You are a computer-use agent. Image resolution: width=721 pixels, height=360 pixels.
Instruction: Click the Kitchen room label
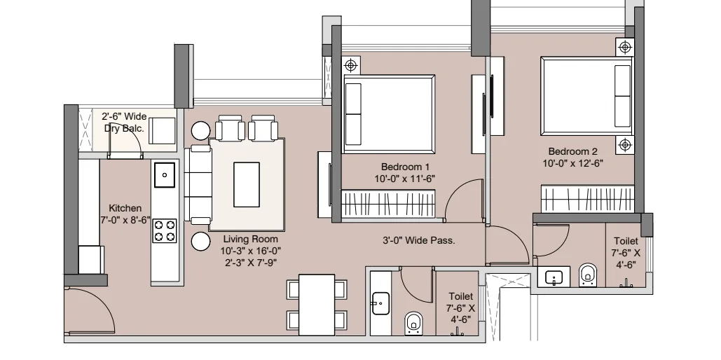click(125, 208)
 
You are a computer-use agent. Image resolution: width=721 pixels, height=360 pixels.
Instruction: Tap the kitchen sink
click(164, 174)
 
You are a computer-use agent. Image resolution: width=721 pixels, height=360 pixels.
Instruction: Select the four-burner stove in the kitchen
click(165, 231)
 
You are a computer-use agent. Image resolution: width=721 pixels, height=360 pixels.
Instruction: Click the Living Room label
click(251, 239)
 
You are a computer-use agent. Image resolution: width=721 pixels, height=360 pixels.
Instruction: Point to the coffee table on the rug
click(247, 184)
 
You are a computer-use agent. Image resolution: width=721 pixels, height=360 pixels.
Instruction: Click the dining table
click(317, 305)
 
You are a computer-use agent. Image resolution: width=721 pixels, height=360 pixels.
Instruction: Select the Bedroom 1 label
click(405, 167)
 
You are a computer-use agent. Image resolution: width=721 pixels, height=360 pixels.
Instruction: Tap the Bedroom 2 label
click(572, 151)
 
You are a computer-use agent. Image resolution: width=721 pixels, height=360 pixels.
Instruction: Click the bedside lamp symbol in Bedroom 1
click(351, 66)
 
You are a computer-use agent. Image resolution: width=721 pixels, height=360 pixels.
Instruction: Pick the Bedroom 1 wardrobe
click(389, 204)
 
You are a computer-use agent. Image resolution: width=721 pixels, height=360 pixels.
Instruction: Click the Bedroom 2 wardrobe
click(587, 199)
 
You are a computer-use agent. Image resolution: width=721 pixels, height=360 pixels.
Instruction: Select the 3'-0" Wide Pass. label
click(418, 240)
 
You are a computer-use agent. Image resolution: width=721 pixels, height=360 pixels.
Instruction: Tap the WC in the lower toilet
click(414, 323)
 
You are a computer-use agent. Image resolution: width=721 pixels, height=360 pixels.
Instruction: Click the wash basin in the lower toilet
click(380, 303)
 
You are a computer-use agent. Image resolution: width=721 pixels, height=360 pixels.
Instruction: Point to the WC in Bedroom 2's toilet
click(587, 275)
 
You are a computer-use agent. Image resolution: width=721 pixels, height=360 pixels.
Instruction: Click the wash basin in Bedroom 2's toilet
click(554, 277)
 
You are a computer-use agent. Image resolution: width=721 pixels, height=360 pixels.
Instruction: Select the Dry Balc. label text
click(124, 129)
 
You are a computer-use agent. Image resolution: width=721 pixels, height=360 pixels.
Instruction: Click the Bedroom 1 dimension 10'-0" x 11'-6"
click(405, 179)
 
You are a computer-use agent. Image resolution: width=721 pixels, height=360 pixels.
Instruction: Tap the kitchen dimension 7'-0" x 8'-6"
click(125, 220)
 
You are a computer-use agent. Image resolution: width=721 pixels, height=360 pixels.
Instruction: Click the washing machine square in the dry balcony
click(163, 130)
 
